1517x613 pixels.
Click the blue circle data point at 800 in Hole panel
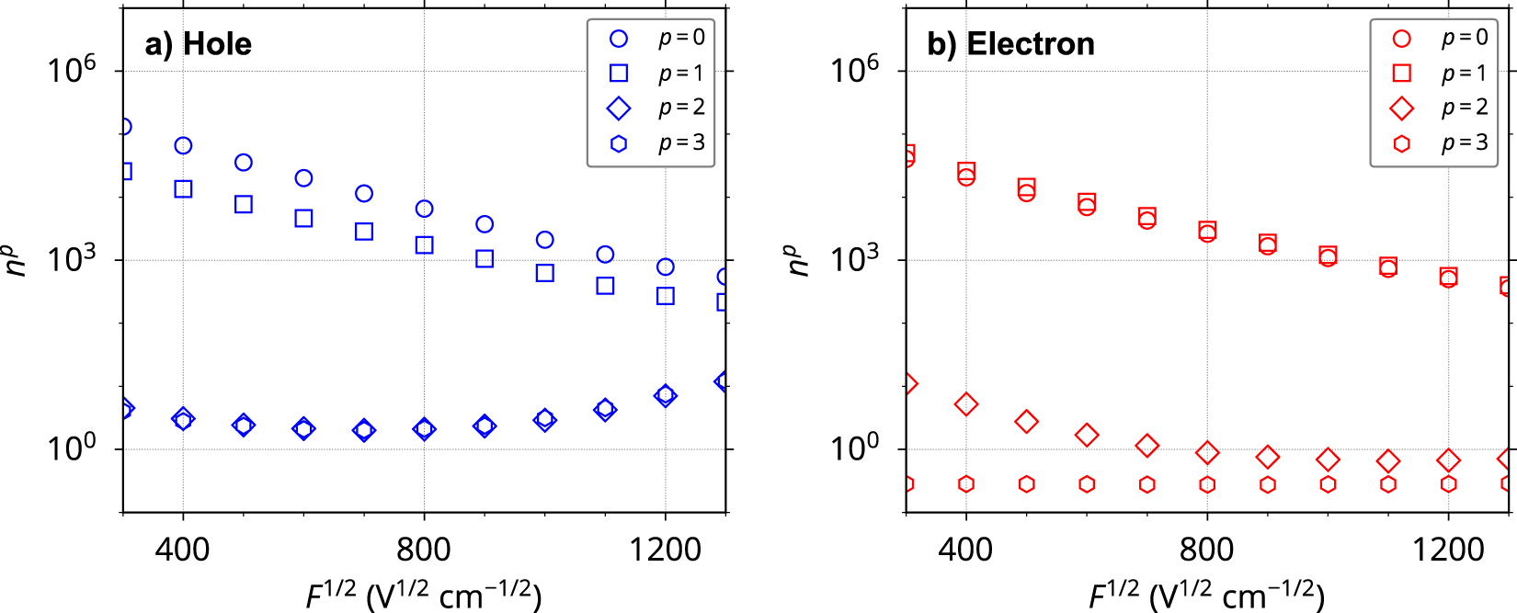(424, 209)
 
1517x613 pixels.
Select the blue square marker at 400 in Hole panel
(183, 189)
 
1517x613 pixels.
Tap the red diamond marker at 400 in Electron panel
(965, 404)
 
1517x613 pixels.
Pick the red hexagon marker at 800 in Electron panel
(1207, 484)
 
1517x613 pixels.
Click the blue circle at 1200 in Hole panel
(666, 267)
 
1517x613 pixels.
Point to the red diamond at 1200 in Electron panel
(1449, 460)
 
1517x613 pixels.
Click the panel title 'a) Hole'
(198, 44)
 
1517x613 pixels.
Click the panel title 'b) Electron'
(1010, 44)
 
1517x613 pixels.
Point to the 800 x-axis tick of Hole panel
(424, 550)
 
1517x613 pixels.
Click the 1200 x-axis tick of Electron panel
(1448, 550)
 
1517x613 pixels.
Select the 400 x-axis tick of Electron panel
(965, 550)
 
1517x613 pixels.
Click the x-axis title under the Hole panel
(424, 595)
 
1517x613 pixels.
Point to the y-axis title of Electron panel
(798, 260)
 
